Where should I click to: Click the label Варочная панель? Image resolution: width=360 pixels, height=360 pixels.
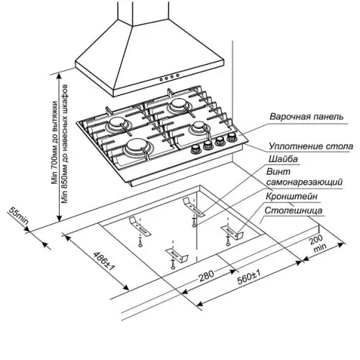(307, 117)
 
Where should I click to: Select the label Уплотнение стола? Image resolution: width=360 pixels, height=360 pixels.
(311, 146)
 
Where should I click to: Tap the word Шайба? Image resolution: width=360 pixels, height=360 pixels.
(283, 159)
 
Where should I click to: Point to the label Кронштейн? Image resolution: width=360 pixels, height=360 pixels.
(292, 197)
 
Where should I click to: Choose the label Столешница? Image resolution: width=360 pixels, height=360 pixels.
(293, 210)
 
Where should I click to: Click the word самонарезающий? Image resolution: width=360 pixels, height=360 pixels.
(305, 182)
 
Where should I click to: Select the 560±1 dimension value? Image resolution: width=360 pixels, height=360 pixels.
(248, 276)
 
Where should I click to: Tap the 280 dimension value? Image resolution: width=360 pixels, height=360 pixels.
(206, 276)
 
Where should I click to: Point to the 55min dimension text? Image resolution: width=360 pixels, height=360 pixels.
(19, 215)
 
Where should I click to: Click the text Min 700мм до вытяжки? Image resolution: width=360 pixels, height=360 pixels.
(55, 143)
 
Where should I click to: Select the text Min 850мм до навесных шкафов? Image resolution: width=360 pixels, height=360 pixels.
(65, 144)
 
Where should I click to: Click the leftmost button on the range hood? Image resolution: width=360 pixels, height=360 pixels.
(161, 78)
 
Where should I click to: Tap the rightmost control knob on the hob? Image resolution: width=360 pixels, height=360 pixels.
(232, 138)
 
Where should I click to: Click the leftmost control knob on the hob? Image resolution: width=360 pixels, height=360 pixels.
(196, 150)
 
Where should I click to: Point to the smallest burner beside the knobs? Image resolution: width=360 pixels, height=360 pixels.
(199, 127)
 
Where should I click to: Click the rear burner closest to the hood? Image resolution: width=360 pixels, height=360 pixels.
(178, 106)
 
